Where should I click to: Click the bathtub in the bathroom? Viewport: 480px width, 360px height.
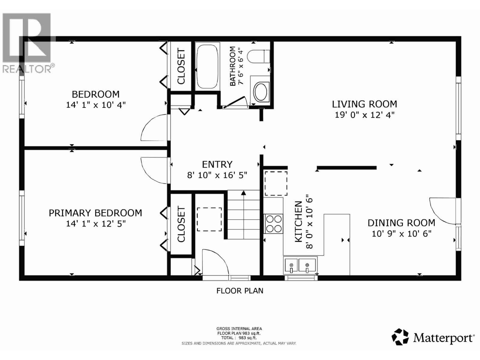coord(207,67)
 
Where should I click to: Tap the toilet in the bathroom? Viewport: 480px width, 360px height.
coord(258,56)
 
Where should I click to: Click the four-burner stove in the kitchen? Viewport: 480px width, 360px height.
coord(274,224)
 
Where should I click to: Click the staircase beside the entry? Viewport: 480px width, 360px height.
coord(243,215)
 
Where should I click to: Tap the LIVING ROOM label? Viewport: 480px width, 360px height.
coord(364,104)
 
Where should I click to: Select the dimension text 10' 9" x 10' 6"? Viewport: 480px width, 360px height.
coord(401,234)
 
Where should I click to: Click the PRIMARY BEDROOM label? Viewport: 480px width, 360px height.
coord(95,213)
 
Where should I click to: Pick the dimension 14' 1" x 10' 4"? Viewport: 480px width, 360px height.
coord(95,105)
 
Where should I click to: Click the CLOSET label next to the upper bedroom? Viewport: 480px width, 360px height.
coord(181,67)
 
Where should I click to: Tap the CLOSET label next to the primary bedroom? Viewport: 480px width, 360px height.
coord(181,224)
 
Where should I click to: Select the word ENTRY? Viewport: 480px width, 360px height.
coord(217,164)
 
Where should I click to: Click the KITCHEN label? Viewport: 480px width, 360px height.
coord(298,222)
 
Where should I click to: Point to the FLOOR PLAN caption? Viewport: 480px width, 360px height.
coord(240,291)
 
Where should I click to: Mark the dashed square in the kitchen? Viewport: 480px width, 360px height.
coord(275,183)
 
